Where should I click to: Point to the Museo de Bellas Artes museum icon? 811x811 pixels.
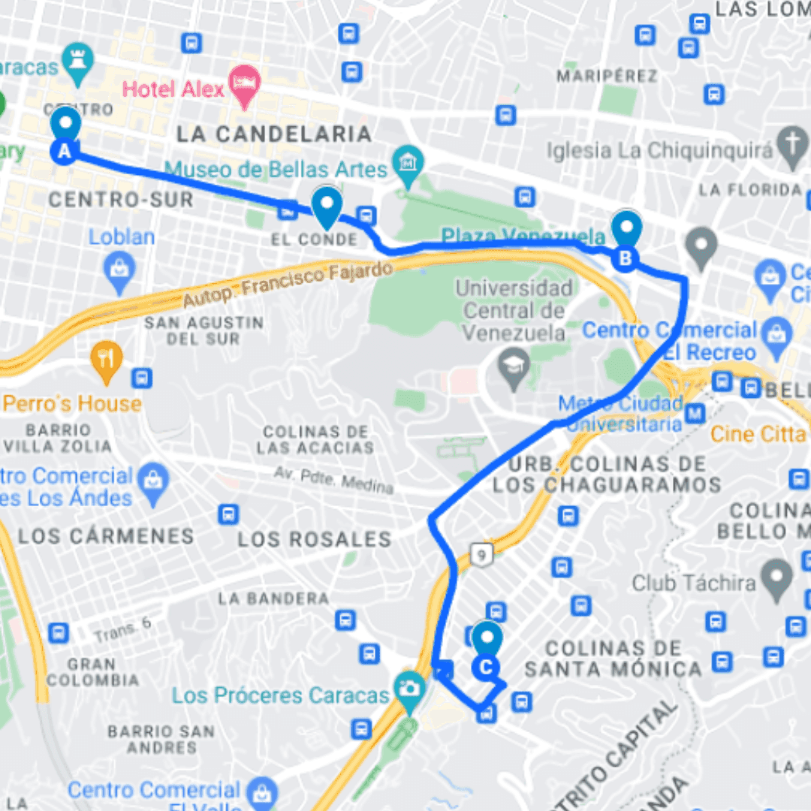pos(409,161)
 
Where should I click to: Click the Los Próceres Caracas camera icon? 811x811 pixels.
pos(409,687)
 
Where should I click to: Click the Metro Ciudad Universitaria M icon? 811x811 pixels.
pos(696,413)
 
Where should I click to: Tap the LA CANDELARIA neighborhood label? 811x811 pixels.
pos(274,134)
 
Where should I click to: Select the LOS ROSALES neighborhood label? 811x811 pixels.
pos(315,538)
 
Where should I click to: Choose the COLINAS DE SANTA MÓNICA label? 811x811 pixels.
pos(614,658)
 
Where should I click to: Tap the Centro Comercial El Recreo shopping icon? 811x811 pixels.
pos(776,330)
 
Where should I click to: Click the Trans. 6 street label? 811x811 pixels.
pos(124,629)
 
